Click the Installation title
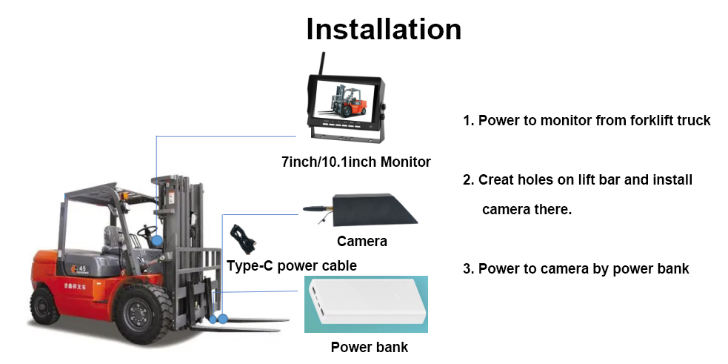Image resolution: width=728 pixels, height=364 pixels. (x=384, y=29)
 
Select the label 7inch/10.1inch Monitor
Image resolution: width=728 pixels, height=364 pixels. (x=355, y=162)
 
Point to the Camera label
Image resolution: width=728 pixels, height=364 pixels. (x=361, y=241)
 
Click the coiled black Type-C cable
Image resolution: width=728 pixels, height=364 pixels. (x=241, y=239)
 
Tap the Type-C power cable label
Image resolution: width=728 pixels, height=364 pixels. (x=291, y=265)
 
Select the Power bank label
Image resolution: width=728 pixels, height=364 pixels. (x=369, y=347)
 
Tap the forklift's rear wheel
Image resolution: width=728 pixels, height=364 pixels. (x=44, y=305)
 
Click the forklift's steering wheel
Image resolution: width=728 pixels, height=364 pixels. (x=147, y=228)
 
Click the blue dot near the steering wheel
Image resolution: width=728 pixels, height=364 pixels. (x=157, y=240)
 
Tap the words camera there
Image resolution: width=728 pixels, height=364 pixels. (x=527, y=209)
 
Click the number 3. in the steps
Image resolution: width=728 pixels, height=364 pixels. (x=468, y=268)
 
